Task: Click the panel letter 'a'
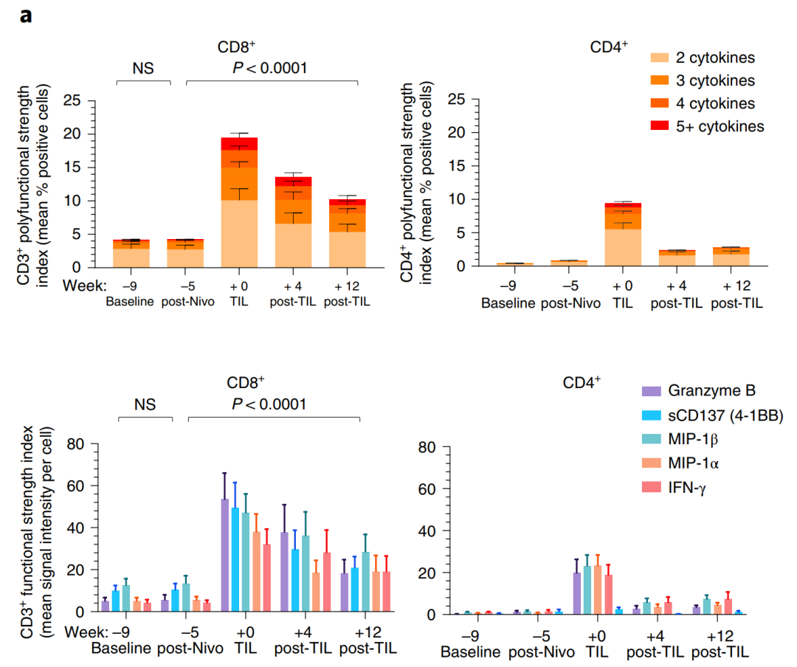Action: coord(26,15)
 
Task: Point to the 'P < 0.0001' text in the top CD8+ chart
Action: coord(270,69)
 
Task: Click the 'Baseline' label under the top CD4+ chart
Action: coord(508,303)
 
